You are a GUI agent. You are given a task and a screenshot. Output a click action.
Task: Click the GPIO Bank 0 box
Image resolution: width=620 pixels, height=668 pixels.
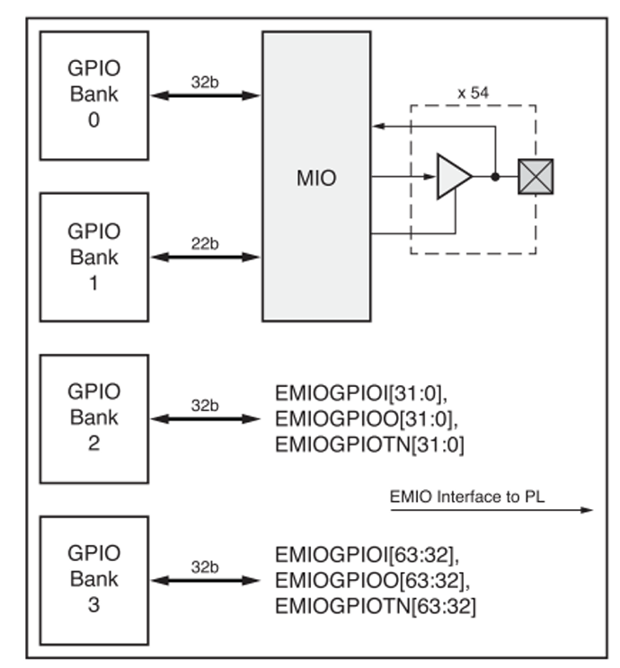click(x=93, y=95)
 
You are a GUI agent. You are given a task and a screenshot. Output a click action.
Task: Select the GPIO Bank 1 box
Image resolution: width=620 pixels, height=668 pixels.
click(x=93, y=256)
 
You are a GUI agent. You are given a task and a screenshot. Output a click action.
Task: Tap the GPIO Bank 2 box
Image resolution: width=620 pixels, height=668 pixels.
click(x=93, y=417)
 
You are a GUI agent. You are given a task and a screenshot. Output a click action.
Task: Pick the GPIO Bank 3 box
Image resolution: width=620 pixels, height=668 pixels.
click(x=93, y=579)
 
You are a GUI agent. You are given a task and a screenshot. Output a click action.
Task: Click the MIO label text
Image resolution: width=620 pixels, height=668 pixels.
click(x=315, y=178)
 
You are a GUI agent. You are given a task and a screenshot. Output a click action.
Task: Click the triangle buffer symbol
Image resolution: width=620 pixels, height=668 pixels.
click(x=453, y=176)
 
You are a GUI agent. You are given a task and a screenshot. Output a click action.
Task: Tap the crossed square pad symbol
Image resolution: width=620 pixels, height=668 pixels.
click(x=536, y=176)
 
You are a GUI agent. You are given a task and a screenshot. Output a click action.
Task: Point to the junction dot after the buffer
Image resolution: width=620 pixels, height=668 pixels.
click(x=495, y=176)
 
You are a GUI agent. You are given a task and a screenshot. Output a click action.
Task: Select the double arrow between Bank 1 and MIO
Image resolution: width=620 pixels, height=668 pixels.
click(x=205, y=257)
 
